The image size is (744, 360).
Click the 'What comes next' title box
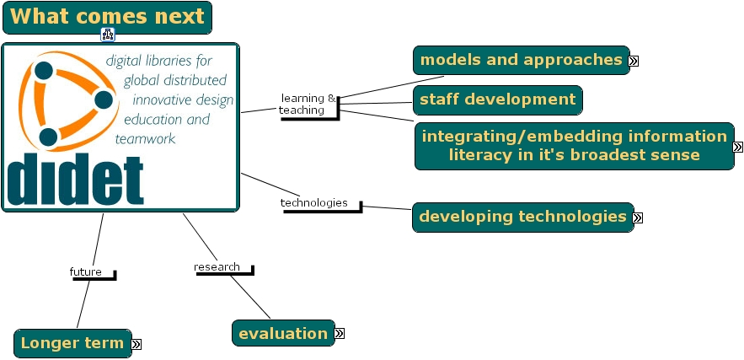pyautogui.click(x=107, y=18)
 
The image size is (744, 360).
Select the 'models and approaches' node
pyautogui.click(x=521, y=61)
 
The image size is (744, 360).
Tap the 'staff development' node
pyautogui.click(x=498, y=99)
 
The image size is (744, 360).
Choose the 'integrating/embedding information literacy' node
pyautogui.click(x=574, y=146)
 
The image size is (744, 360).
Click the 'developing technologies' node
pyautogui.click(x=523, y=217)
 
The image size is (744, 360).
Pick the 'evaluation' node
pyautogui.click(x=283, y=333)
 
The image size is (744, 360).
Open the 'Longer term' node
pyautogui.click(x=72, y=343)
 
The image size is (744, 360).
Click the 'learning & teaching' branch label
pyautogui.click(x=308, y=105)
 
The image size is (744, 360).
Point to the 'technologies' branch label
pyautogui.click(x=313, y=203)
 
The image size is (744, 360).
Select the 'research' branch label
pyautogui.click(x=217, y=267)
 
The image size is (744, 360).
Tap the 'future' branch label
pyautogui.click(x=85, y=272)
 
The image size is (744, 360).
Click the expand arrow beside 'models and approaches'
pyautogui.click(x=633, y=61)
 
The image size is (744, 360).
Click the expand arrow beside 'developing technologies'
pyautogui.click(x=638, y=218)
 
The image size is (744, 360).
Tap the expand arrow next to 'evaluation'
pyautogui.click(x=340, y=333)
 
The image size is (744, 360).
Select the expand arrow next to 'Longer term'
pyautogui.click(x=136, y=344)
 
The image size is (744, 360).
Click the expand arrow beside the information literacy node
pyautogui.click(x=737, y=147)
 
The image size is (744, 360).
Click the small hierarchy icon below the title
pyautogui.click(x=108, y=35)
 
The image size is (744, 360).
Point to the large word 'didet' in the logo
pyautogui.click(x=76, y=180)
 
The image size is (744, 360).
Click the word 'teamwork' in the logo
pyautogui.click(x=145, y=138)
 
